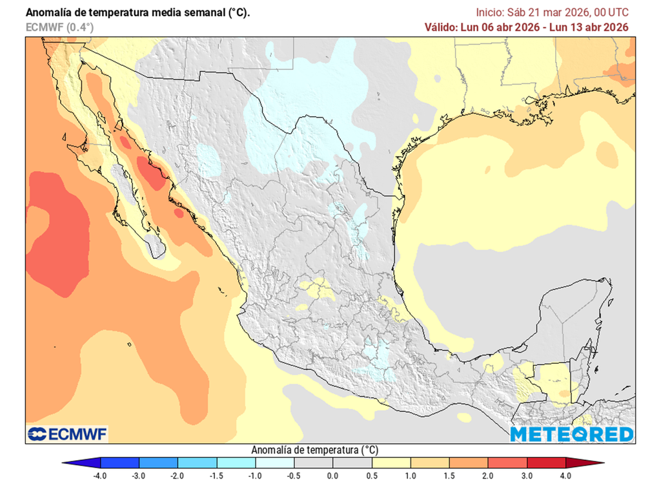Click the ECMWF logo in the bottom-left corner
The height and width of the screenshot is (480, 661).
pos(67,433)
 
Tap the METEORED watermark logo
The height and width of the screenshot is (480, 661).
pos(571,434)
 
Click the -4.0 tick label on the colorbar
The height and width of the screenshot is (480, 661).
pos(100,475)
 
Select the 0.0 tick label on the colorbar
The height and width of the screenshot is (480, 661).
pos(333,475)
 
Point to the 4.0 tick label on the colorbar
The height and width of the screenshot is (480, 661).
pos(565,475)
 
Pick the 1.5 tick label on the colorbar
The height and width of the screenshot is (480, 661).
pos(449,475)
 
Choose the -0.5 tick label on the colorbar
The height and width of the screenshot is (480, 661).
pos(294,475)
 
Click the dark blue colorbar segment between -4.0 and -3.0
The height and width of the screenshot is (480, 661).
pos(119,463)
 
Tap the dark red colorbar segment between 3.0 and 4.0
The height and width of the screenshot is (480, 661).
pos(546,463)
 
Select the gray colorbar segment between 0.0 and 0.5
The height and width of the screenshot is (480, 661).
pos(352,463)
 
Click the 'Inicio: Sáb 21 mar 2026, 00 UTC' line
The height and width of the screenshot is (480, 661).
pos(552,12)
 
